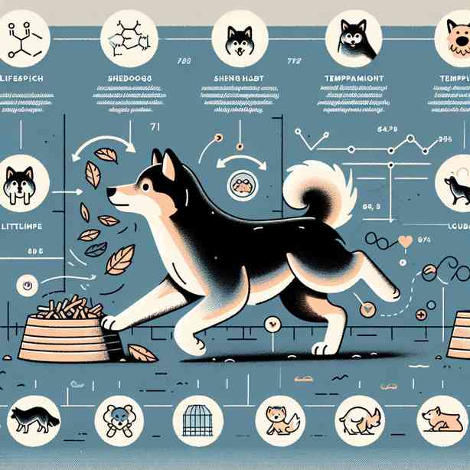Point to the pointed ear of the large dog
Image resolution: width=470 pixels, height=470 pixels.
[167, 162]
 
